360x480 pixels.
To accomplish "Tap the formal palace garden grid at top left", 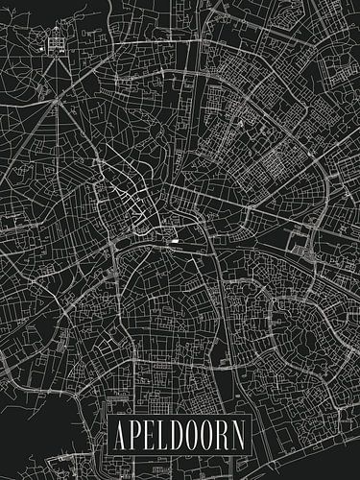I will [54, 41].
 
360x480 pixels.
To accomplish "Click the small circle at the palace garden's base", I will [55, 55].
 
